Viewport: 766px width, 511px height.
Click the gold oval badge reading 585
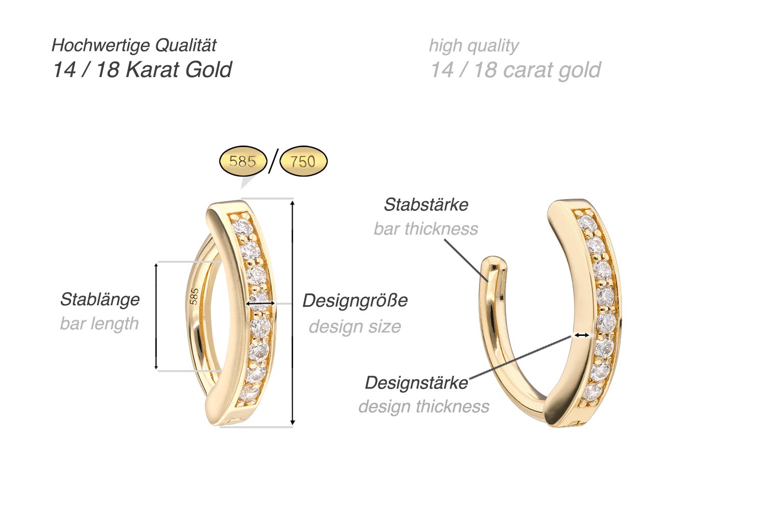point(243,161)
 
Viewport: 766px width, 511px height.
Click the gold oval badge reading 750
point(303,161)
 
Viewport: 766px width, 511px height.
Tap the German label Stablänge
point(100,299)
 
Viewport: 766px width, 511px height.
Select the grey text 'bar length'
point(99,324)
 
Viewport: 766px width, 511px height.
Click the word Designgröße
point(355,300)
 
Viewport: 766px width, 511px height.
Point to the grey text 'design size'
point(354,326)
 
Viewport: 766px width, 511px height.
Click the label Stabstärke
point(426,205)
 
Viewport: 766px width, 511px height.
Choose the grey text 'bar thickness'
point(426,229)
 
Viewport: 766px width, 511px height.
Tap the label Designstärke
point(416,382)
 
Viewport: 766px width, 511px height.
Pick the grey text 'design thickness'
point(423,406)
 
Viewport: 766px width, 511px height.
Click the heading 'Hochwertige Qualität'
point(134,45)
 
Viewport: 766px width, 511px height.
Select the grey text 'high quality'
point(473,45)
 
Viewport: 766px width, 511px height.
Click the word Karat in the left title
point(152,69)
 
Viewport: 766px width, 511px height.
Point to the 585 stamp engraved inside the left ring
point(194,297)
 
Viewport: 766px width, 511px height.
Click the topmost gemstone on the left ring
point(240,226)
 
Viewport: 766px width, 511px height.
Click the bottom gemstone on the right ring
point(591,392)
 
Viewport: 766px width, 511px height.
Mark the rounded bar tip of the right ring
point(495,263)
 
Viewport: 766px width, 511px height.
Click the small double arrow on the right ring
point(581,335)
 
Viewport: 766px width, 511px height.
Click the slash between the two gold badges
point(273,161)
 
